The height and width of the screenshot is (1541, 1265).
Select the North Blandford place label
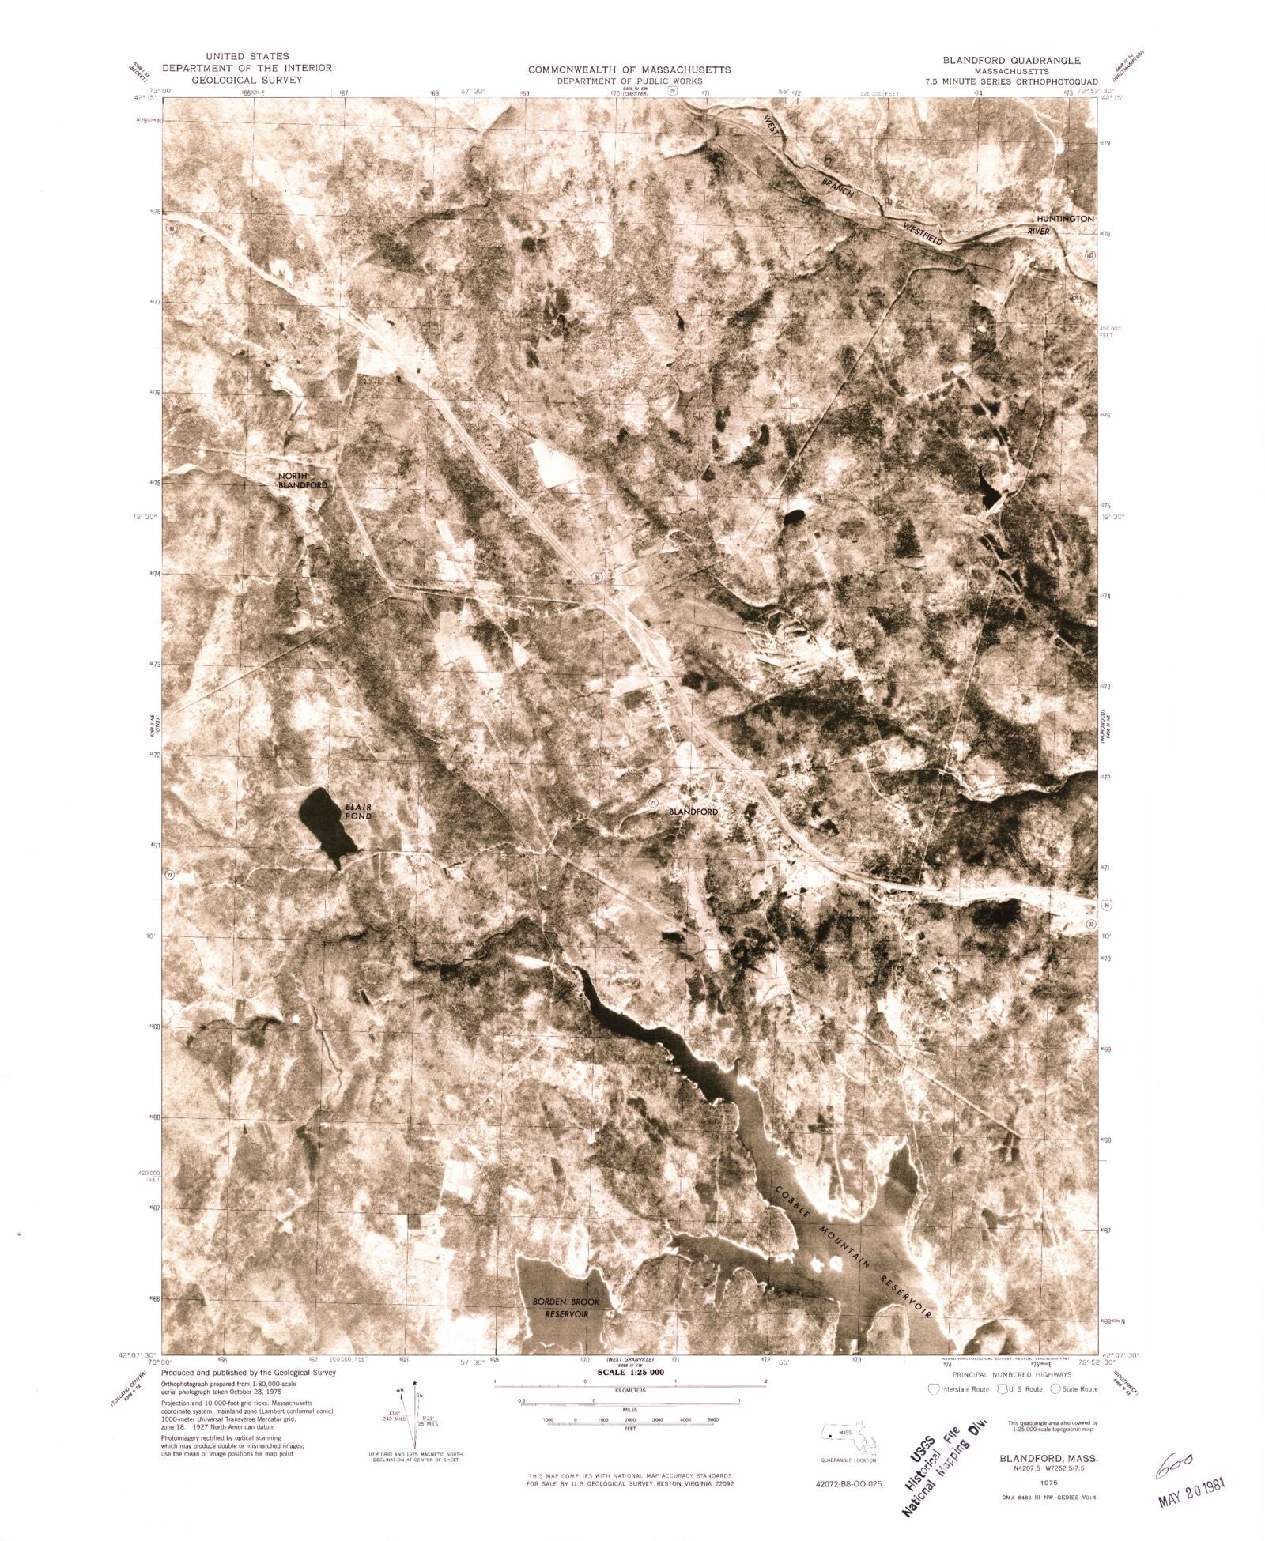pos(301,480)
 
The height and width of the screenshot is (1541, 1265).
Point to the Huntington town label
pos(1065,219)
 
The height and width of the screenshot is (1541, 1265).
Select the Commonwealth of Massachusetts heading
pos(629,70)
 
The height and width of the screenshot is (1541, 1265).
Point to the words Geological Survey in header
pos(247,80)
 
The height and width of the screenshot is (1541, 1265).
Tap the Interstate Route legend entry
pos(960,1388)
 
